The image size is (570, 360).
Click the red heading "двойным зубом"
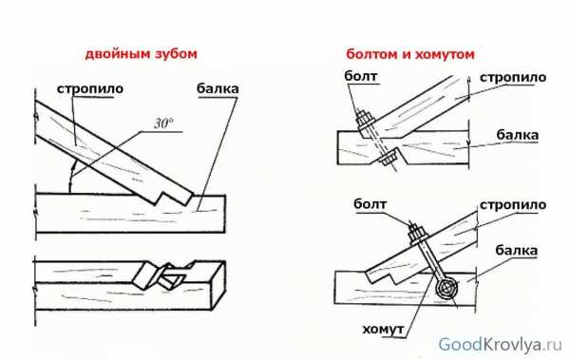coord(141,54)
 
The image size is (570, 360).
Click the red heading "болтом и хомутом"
coord(410,54)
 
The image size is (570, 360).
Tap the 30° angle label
coord(163,123)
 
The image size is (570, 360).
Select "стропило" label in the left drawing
coord(90,88)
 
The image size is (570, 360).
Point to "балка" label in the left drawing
coord(218,88)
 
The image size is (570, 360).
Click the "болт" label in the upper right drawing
coord(361,76)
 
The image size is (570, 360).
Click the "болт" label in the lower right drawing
coord(370,204)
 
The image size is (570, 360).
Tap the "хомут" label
coord(383,329)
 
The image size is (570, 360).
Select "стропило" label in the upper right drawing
coord(513,78)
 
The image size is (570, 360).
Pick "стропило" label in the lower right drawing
coord(513,205)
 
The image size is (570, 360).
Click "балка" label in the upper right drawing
coord(518,135)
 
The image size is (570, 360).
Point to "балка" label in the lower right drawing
coord(516,251)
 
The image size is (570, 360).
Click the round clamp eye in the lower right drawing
coord(446,290)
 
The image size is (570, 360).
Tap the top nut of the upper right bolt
coord(365,119)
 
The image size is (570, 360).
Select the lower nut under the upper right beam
coord(388,157)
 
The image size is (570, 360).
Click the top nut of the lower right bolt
coord(416,234)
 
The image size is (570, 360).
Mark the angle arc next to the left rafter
coord(71,176)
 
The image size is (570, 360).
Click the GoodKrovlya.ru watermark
coord(500,345)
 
